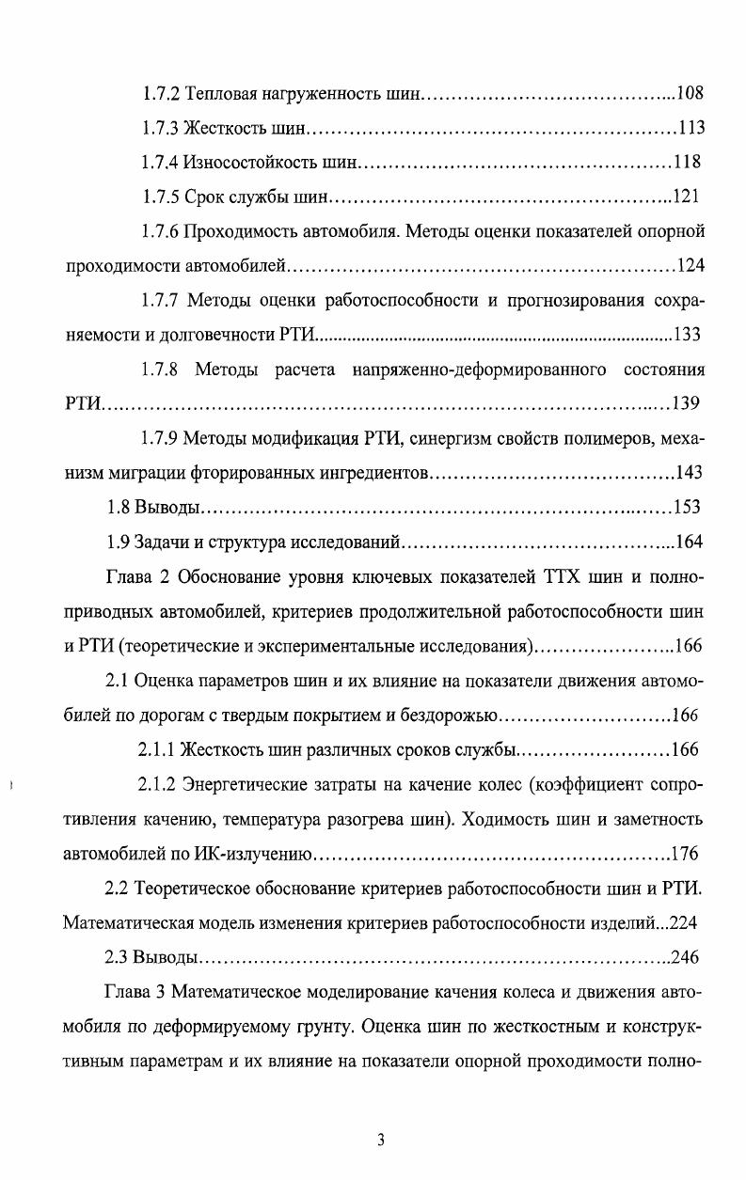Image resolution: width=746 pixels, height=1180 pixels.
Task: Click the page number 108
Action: point(690,94)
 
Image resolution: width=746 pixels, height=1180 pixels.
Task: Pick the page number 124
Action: point(690,266)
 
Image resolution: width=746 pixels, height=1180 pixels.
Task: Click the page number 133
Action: point(688,335)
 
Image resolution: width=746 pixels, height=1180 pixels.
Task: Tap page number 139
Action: point(688,404)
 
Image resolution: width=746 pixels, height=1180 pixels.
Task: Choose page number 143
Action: point(690,473)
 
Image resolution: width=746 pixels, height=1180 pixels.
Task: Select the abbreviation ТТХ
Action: point(563,577)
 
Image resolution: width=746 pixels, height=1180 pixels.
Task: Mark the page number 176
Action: point(685,855)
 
